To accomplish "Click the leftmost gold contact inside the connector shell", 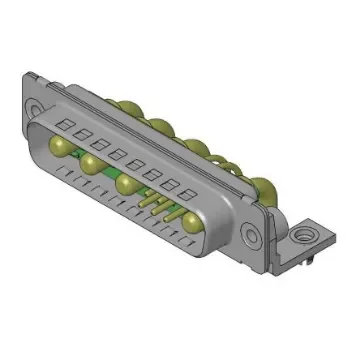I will (x=59, y=147).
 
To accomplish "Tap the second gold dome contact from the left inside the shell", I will (x=91, y=163).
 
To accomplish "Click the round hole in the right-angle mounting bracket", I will (x=298, y=238).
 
